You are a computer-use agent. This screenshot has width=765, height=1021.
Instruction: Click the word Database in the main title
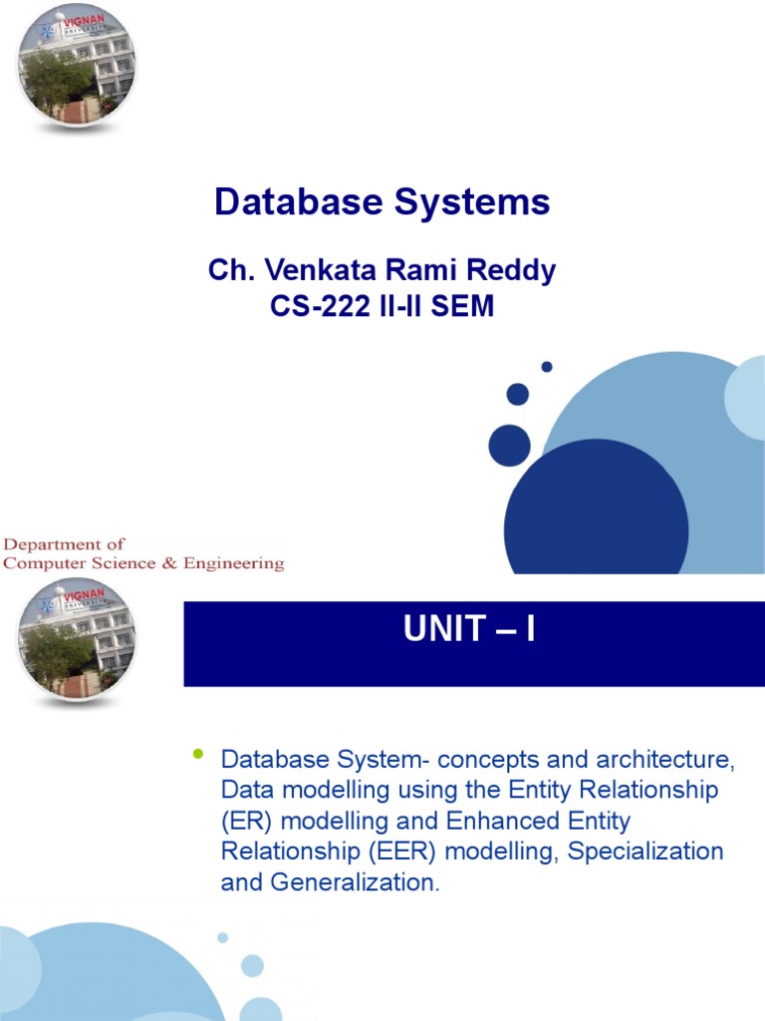(299, 202)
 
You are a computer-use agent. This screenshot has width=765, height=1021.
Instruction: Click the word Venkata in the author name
(319, 270)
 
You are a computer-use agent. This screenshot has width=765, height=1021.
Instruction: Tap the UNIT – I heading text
(469, 630)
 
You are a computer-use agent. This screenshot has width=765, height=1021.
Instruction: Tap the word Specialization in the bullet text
(637, 851)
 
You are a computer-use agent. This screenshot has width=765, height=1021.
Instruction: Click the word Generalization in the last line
(362, 882)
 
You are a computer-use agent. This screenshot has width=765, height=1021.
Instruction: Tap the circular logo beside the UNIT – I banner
(77, 638)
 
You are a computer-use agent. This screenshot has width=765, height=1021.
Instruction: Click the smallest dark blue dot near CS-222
(547, 367)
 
